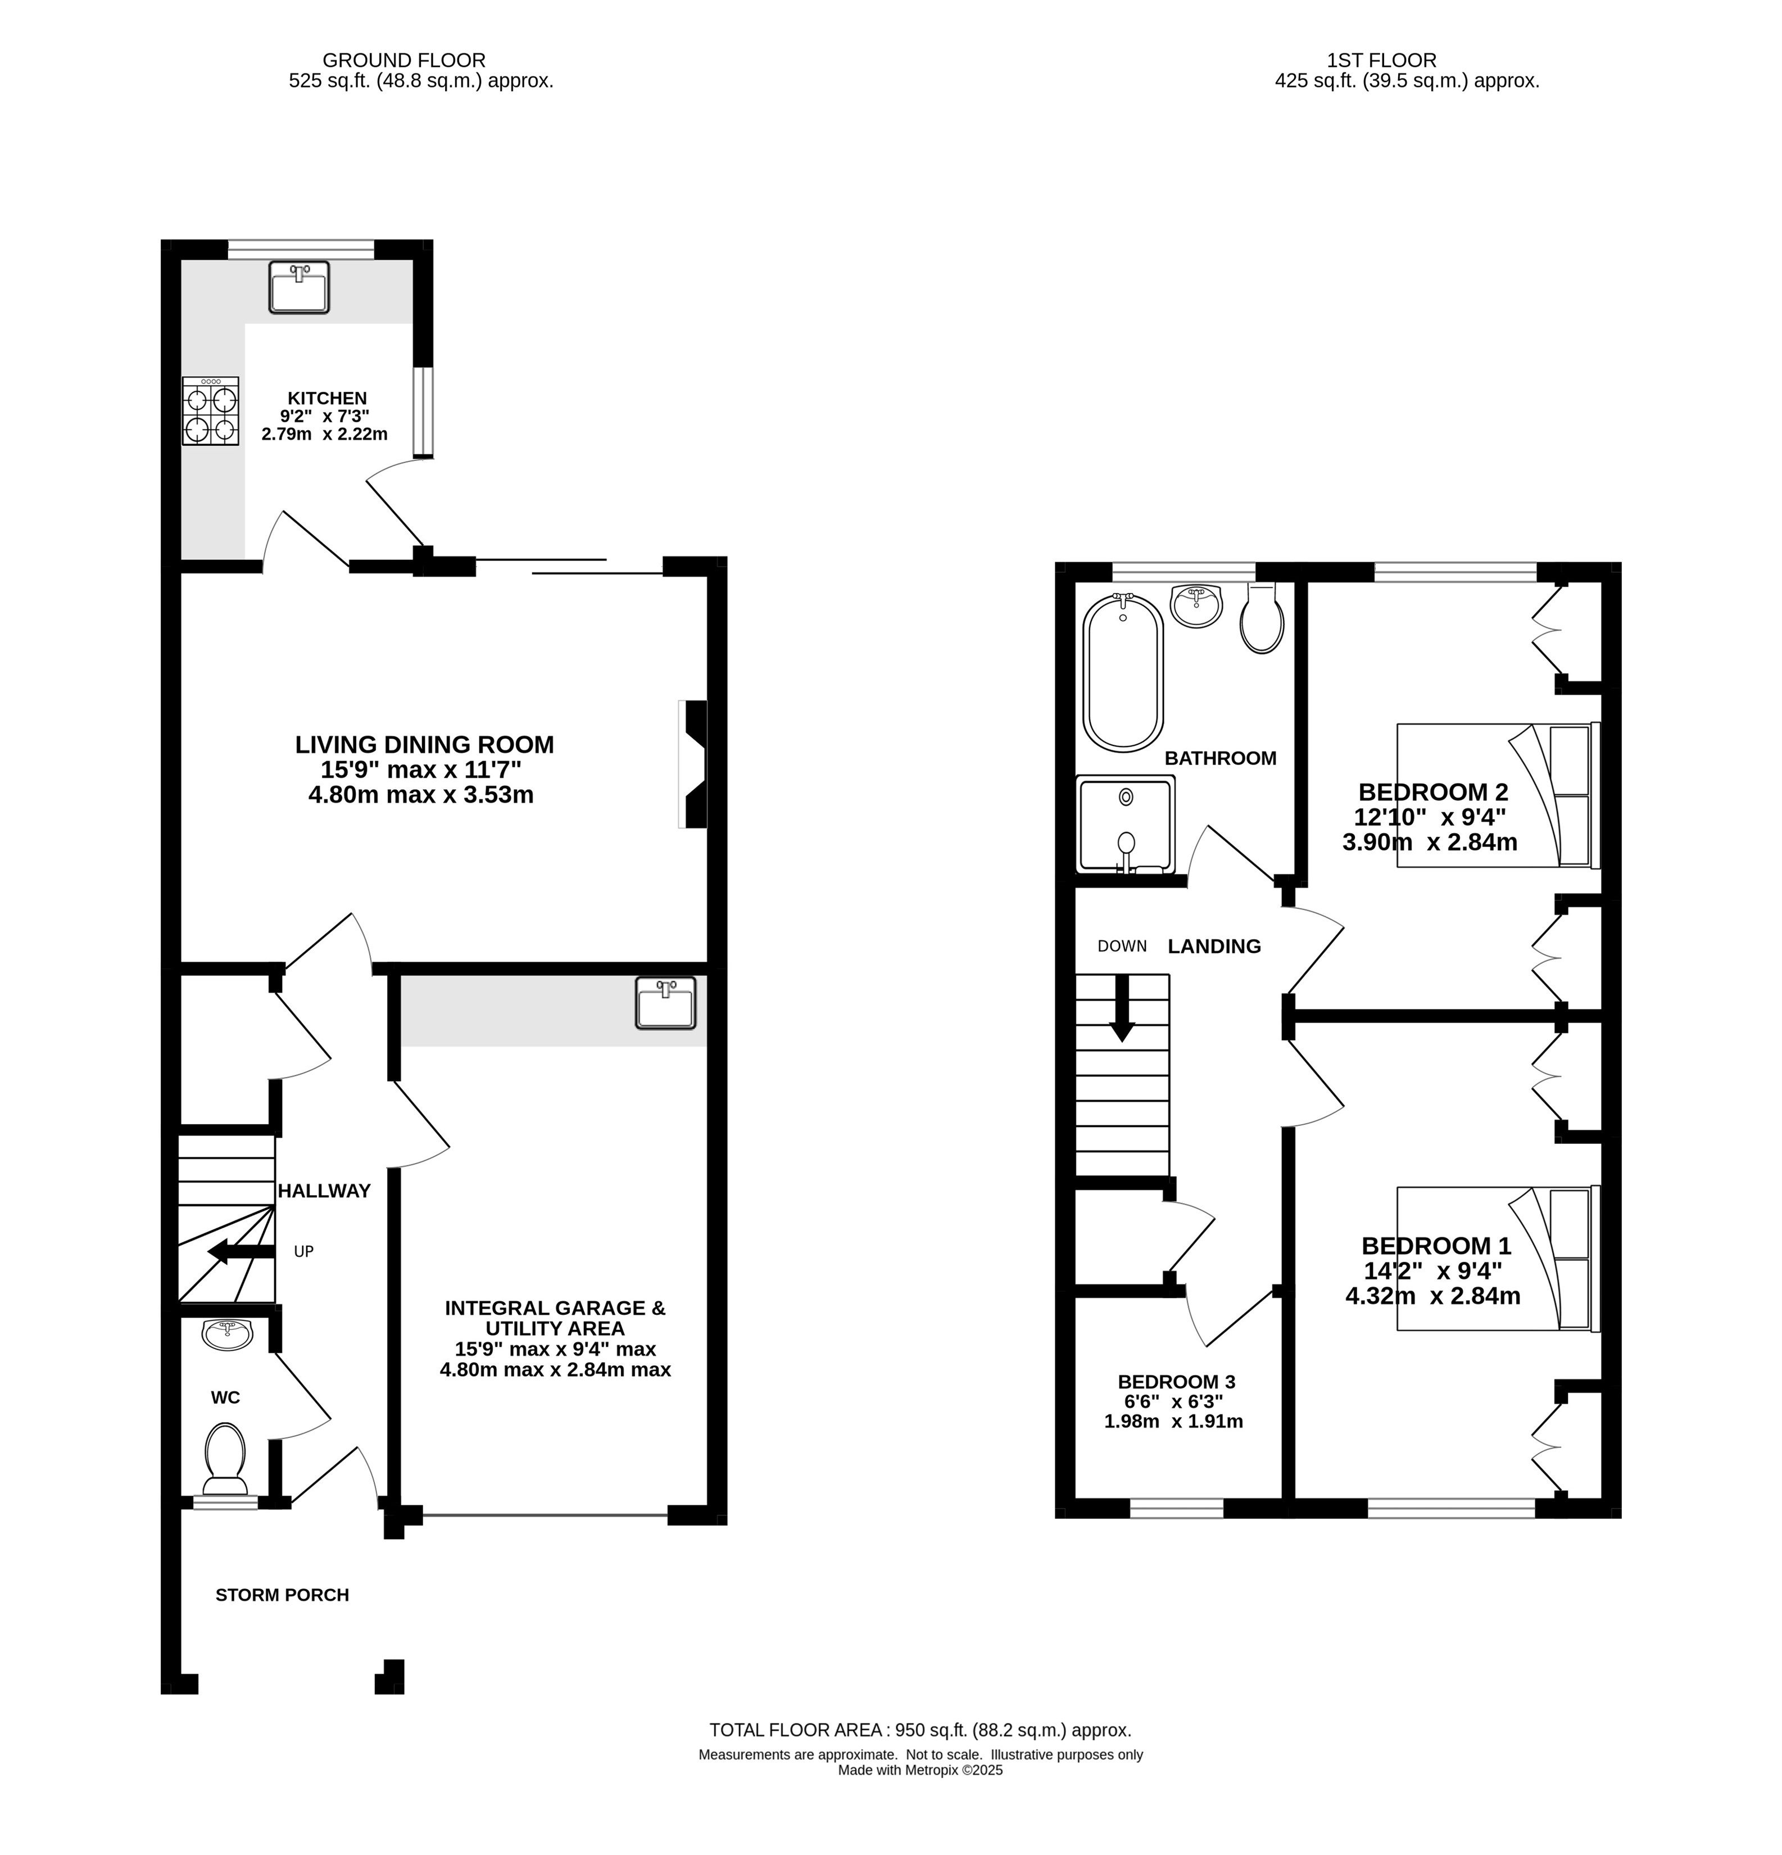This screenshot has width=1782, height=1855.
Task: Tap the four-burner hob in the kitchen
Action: pos(210,411)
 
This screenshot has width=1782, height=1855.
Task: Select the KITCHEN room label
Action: pos(328,399)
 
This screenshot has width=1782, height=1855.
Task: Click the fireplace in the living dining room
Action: pos(693,764)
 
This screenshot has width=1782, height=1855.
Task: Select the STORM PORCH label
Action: pos(282,1595)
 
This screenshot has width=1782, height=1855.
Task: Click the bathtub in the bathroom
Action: pos(1123,673)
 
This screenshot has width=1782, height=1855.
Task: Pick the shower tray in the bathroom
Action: pos(1125,824)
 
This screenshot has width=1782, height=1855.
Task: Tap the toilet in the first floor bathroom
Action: pos(1262,618)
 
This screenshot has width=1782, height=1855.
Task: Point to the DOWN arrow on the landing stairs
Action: pos(1122,1008)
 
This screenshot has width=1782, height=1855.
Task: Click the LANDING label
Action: pos(1214,947)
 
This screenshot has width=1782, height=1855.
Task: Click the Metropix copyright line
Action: pos(920,1770)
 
